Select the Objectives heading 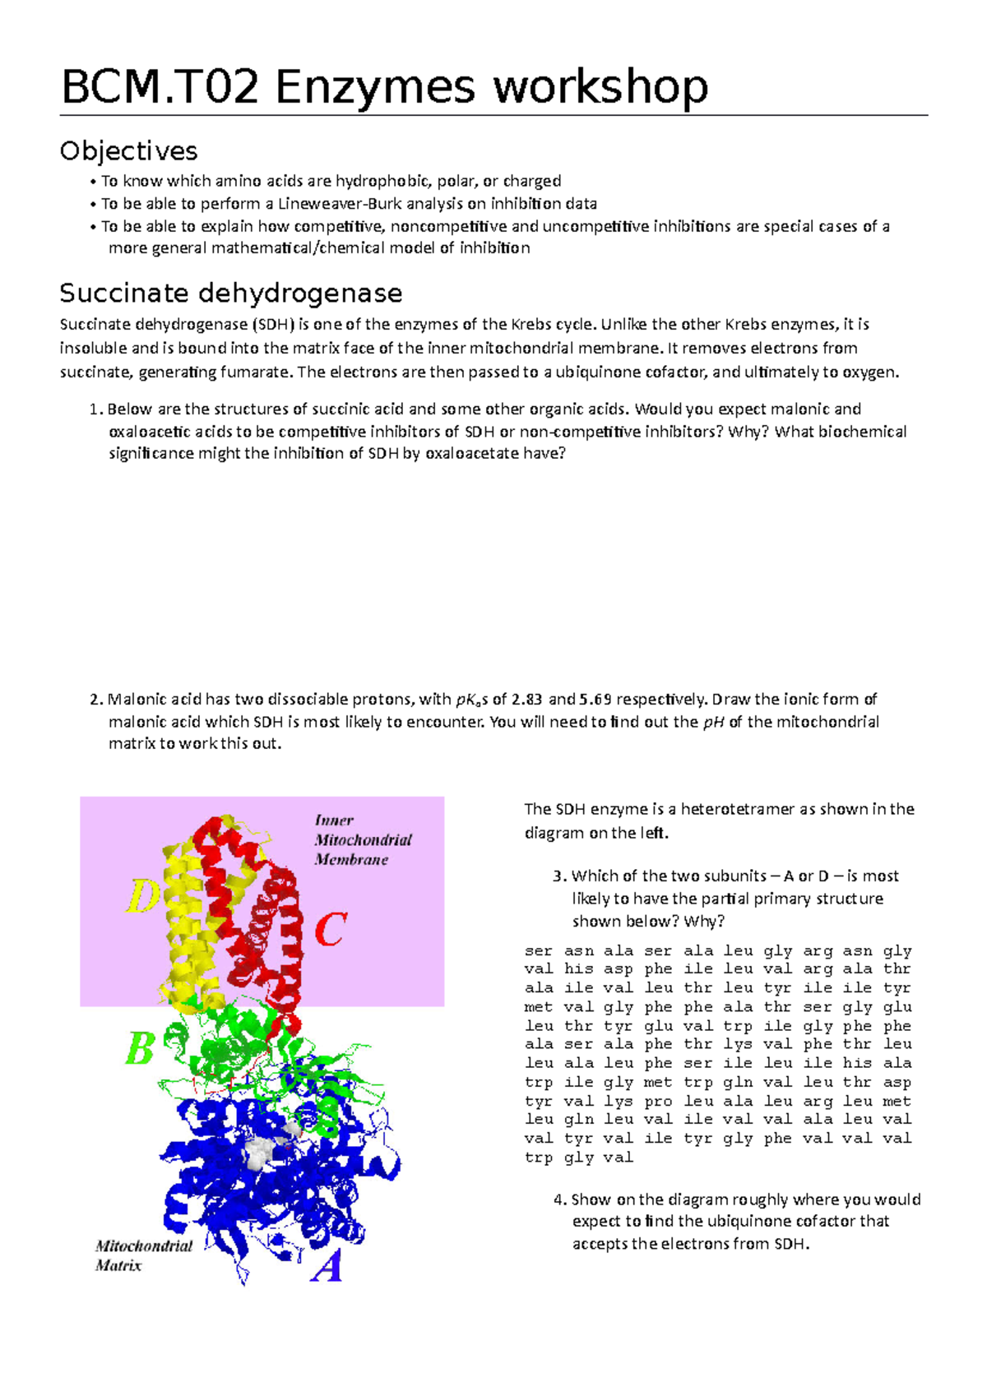click(x=128, y=150)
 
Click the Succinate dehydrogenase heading click(x=231, y=293)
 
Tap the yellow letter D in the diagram click(x=142, y=897)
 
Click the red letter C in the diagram click(x=331, y=931)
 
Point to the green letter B click(x=140, y=1049)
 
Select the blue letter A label click(x=327, y=1266)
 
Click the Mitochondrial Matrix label click(x=143, y=1255)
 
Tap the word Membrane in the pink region click(x=351, y=860)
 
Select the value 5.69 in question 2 click(x=595, y=700)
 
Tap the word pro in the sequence click(x=658, y=1101)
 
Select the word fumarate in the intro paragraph click(x=256, y=372)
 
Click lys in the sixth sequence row click(x=738, y=1044)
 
